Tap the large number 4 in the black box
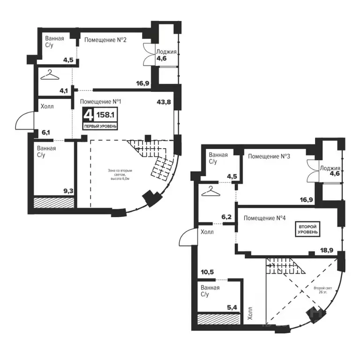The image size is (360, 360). pyautogui.click(x=88, y=115)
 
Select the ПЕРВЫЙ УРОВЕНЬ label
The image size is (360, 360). pyautogui.click(x=100, y=126)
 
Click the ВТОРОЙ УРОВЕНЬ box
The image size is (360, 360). pyautogui.click(x=307, y=229)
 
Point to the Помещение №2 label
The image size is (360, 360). pyautogui.click(x=105, y=40)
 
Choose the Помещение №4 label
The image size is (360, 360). pyautogui.click(x=264, y=218)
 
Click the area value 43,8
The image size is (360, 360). pyautogui.click(x=164, y=102)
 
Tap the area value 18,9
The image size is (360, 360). pyautogui.click(x=327, y=250)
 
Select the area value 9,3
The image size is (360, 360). pyautogui.click(x=67, y=190)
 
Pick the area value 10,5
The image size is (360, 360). pyautogui.click(x=207, y=272)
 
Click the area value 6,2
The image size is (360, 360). pyautogui.click(x=226, y=217)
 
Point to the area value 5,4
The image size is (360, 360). pyautogui.click(x=232, y=307)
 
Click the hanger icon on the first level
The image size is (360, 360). pyautogui.click(x=50, y=75)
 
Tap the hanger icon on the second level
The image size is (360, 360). pyautogui.click(x=210, y=191)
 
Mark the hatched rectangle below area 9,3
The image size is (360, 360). pyautogui.click(x=54, y=202)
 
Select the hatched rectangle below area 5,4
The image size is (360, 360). pyautogui.click(x=219, y=319)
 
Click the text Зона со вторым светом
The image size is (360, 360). pyautogui.click(x=120, y=172)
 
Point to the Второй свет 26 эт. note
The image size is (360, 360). pyautogui.click(x=322, y=290)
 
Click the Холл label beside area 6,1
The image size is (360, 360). pyautogui.click(x=47, y=106)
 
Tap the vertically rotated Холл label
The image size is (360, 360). pyautogui.click(x=250, y=313)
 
